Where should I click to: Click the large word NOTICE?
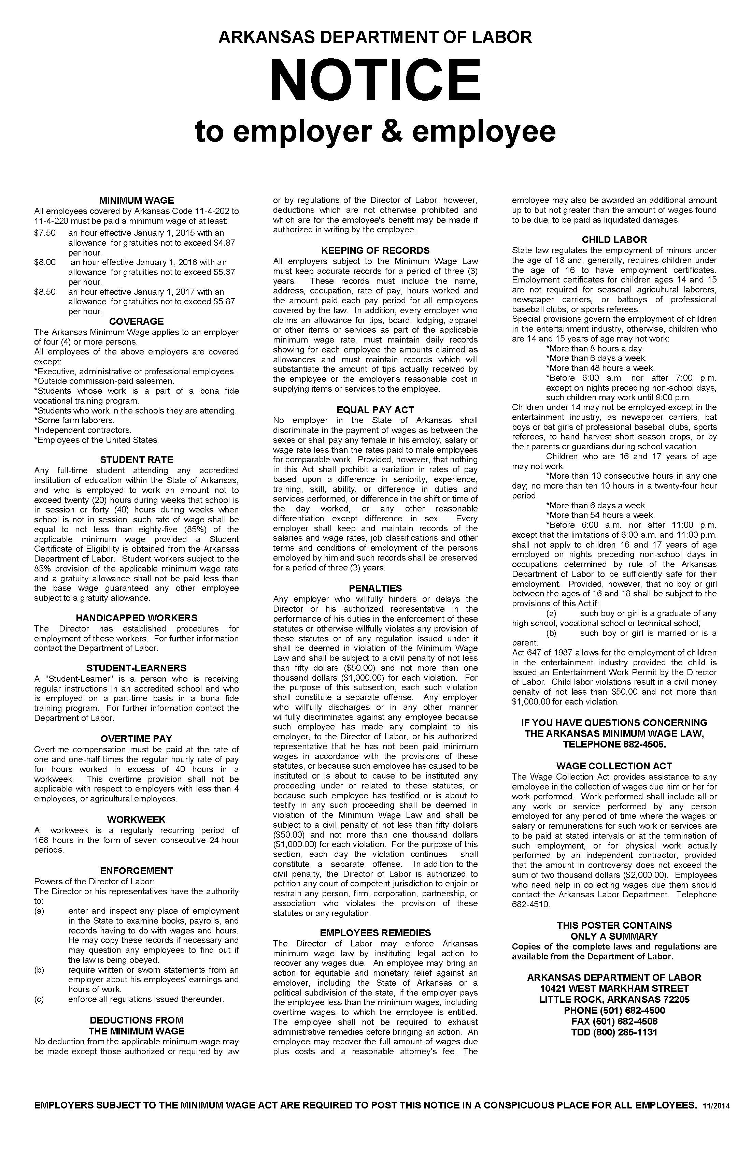[375, 79]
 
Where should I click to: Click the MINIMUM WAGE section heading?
[137, 200]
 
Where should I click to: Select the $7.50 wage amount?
[45, 233]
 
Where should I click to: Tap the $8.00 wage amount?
[45, 262]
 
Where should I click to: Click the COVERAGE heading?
[137, 322]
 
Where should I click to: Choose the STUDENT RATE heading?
[137, 460]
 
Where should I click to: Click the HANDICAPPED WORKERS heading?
[137, 618]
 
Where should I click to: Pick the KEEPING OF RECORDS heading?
[375, 250]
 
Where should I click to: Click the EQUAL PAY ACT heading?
[375, 410]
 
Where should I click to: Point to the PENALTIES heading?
[375, 588]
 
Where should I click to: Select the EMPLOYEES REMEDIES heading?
[375, 933]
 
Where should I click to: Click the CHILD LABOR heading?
[614, 240]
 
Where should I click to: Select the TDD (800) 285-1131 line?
[614, 1032]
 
